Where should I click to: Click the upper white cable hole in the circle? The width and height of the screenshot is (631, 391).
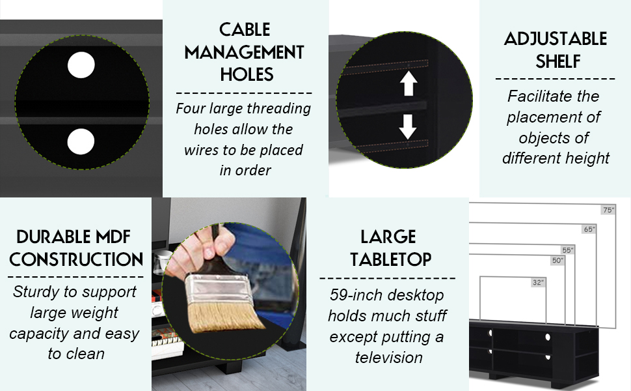click(81, 65)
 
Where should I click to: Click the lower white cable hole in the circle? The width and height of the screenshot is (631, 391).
click(81, 141)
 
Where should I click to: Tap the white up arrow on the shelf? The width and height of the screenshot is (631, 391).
click(409, 83)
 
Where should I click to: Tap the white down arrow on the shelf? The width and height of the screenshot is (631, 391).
click(408, 126)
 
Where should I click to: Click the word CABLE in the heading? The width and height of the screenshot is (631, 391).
click(245, 30)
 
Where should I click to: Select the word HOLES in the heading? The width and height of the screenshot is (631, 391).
click(247, 74)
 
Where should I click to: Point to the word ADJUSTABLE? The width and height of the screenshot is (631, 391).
click(556, 38)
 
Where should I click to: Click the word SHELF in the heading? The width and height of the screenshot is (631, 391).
click(557, 62)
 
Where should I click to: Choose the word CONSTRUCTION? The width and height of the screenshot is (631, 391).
click(76, 259)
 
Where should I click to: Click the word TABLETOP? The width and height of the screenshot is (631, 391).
click(391, 259)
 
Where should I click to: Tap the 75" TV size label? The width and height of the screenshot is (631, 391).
click(608, 210)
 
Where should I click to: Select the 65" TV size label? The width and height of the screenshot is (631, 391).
click(589, 229)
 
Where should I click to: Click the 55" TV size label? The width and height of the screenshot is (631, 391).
click(568, 250)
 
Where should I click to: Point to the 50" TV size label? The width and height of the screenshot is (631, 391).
click(557, 261)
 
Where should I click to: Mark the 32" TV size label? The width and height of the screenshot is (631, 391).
click(538, 283)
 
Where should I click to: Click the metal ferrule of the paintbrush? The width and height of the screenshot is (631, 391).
click(217, 291)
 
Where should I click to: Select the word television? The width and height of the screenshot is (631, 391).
click(389, 358)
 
